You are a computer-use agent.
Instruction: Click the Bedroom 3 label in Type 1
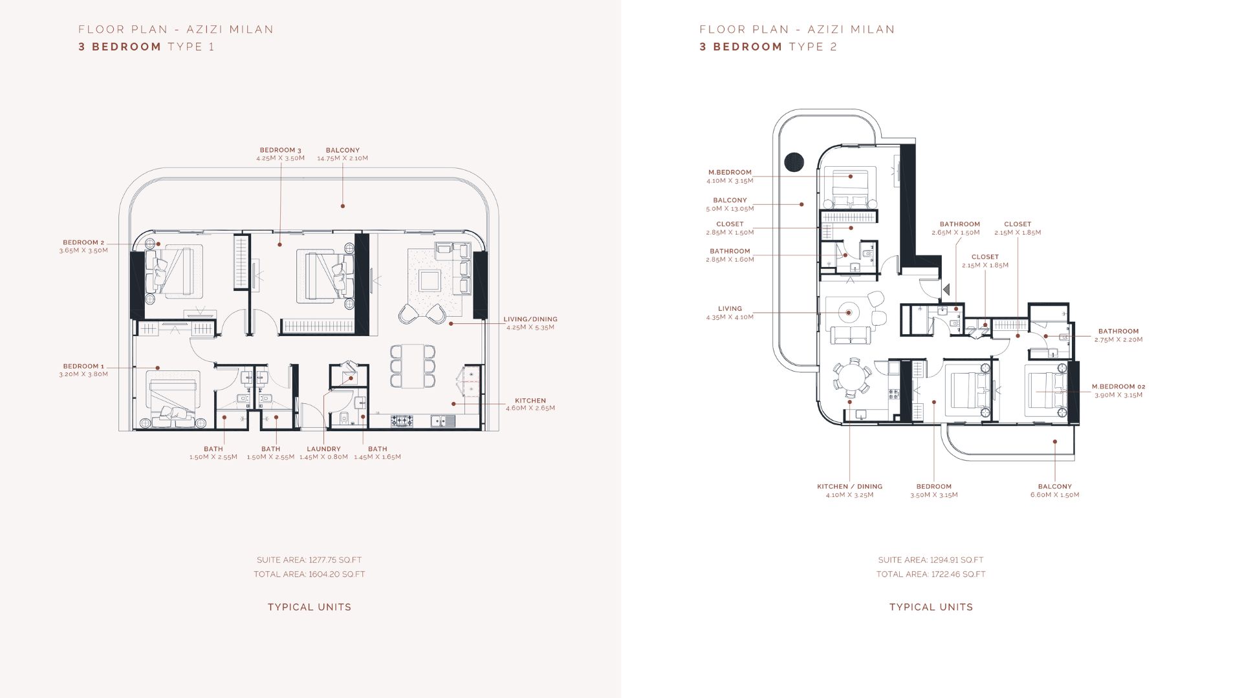[281, 150]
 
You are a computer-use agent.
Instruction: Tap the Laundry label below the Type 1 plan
[323, 449]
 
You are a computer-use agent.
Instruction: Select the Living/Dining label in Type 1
[530, 319]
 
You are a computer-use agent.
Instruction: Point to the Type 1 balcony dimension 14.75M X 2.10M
[343, 158]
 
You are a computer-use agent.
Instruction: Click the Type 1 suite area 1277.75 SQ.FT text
[309, 560]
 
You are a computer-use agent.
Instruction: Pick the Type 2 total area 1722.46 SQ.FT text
[931, 575]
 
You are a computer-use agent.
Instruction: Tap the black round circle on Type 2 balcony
[794, 162]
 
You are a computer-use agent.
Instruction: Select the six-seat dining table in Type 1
[412, 366]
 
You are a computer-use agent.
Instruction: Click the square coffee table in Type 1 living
[430, 281]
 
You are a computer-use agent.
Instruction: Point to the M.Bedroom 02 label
[1118, 386]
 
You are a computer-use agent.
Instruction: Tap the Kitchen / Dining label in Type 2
[849, 487]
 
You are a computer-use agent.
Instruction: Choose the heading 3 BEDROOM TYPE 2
[768, 47]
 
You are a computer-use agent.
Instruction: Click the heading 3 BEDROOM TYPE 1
[146, 47]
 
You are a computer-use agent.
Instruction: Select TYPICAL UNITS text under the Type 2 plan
[931, 607]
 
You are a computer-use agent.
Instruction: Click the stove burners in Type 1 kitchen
[402, 421]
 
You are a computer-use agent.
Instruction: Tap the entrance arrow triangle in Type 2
[946, 290]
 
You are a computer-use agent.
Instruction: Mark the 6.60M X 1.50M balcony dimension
[1054, 495]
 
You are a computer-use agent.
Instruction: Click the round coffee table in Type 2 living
[849, 313]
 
